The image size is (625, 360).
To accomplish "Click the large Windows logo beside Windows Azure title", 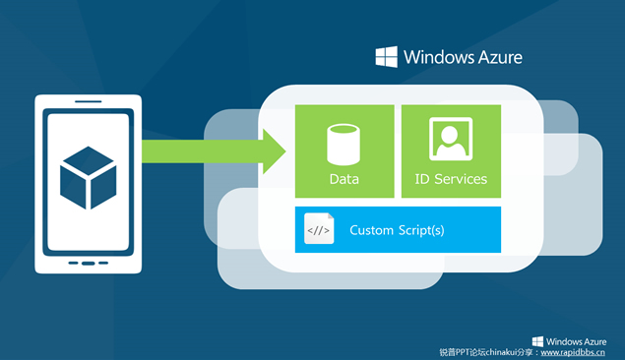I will (386, 56).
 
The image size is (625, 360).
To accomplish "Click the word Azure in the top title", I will (495, 57).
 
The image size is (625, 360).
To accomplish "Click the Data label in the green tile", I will (344, 179).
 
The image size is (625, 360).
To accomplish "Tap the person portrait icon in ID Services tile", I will (451, 142).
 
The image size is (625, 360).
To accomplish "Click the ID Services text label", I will (451, 179).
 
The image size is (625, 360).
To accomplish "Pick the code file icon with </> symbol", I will (319, 230).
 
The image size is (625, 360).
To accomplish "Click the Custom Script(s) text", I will (397, 230).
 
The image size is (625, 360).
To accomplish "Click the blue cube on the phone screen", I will (88, 178).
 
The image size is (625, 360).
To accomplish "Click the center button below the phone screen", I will (88, 263).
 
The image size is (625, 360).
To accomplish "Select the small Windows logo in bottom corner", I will (537, 340).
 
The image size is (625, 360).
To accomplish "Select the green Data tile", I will (344, 150).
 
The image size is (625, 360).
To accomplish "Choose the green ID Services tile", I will (451, 150).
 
